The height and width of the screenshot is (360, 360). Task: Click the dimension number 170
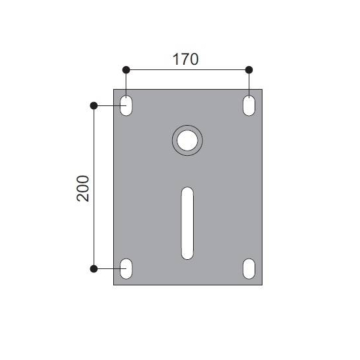(x=185, y=59)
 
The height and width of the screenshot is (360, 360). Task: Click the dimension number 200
(x=83, y=189)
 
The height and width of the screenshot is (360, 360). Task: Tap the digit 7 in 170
(x=185, y=59)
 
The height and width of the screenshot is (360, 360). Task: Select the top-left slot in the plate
(x=126, y=105)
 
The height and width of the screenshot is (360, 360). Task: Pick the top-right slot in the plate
(x=249, y=105)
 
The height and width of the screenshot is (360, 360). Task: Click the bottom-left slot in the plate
(x=126, y=268)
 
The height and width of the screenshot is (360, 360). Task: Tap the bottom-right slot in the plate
(x=249, y=268)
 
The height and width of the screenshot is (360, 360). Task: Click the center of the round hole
(x=188, y=140)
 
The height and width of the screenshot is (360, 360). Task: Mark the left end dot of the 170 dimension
(x=126, y=69)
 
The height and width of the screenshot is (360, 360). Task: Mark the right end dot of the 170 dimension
(x=249, y=69)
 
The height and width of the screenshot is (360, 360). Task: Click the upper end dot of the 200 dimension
(x=94, y=105)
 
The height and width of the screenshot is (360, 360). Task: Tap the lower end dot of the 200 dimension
(x=94, y=268)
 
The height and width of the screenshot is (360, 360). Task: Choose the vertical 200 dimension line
(x=94, y=229)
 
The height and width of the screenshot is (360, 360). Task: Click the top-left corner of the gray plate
(x=114, y=90)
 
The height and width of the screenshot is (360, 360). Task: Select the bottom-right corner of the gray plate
(x=262, y=284)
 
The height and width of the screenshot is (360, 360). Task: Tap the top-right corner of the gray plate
(x=262, y=90)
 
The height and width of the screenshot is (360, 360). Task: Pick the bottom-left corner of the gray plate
(x=114, y=284)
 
